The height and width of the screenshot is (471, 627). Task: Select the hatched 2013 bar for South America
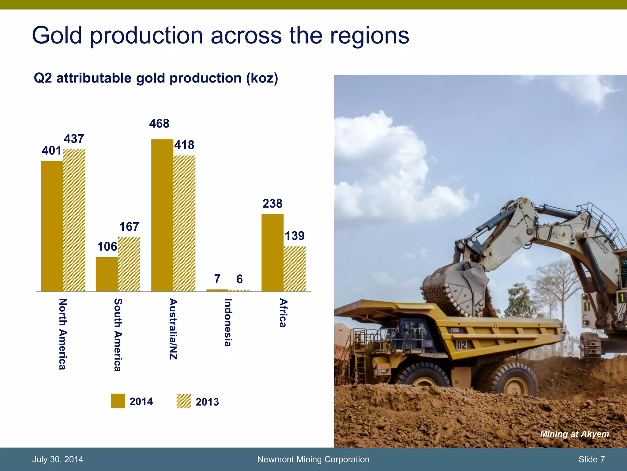coord(129,264)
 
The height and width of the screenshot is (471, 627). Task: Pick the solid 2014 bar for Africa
coord(272,253)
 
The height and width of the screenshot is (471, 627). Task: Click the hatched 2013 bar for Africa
coord(295,269)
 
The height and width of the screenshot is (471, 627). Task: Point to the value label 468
coord(159,124)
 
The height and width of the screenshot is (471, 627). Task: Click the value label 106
coord(107,247)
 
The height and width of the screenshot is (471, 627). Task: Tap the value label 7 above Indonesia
coord(217,279)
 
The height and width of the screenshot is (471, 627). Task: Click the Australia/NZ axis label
coord(173,329)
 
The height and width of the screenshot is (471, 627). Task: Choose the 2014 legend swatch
coord(118,401)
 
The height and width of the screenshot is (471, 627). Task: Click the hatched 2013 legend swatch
coord(184,401)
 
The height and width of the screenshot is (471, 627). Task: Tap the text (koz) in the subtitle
coord(262,78)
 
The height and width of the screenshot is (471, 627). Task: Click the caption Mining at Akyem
coord(574,434)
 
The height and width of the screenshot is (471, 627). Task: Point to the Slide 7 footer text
coord(591,459)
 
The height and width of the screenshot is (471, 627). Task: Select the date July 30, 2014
coord(58,459)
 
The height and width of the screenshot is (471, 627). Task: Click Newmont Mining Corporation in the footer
coord(313,459)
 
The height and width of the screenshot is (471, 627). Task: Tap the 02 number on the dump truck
coord(462,345)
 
